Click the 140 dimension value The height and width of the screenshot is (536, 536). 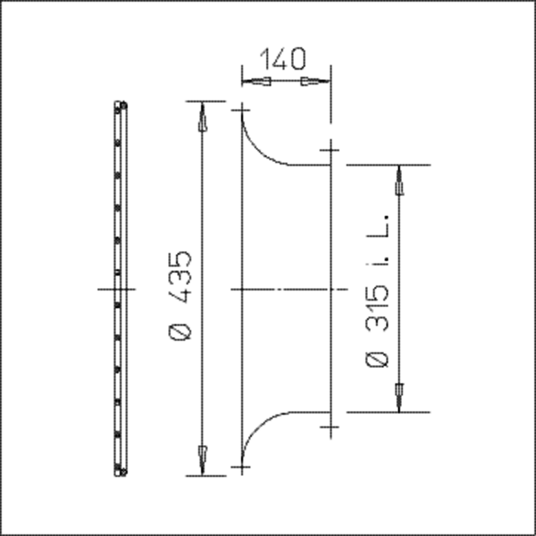[x=283, y=59]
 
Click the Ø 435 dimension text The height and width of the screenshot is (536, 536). [x=180, y=296]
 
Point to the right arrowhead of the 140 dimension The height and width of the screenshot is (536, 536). [x=316, y=82]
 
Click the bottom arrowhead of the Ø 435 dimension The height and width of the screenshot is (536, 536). [x=203, y=461]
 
